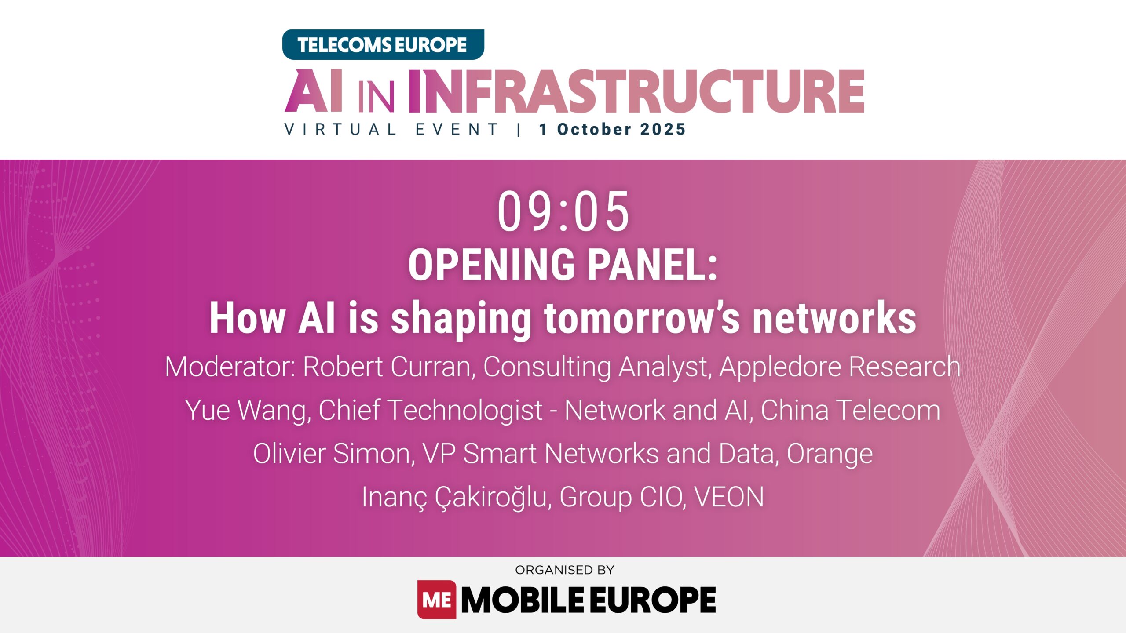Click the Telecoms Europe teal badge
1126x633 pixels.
(383, 45)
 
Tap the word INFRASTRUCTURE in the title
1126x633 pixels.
(636, 91)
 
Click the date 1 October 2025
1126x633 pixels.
(613, 130)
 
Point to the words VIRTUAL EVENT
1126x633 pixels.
(391, 130)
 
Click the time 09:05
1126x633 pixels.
(563, 212)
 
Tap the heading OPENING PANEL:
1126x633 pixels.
(563, 265)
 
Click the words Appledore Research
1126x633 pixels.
(839, 367)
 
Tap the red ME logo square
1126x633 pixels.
(436, 600)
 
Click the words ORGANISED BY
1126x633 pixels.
(564, 570)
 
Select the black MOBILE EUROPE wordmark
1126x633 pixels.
(588, 600)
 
